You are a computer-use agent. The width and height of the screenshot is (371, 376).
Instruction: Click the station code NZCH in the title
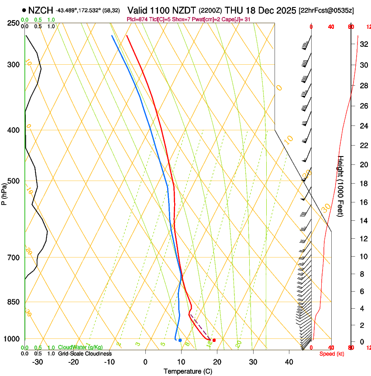[41, 10]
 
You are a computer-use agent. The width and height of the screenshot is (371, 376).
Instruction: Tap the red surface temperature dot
[214, 340]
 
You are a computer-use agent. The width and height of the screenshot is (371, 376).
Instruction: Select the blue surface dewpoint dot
[180, 340]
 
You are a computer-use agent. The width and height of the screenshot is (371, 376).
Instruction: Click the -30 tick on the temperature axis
[38, 362]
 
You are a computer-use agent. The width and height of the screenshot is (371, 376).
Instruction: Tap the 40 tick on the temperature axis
[289, 362]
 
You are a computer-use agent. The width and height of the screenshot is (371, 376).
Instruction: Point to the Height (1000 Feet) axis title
[341, 186]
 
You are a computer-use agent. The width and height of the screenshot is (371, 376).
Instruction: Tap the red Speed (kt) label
[331, 354]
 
